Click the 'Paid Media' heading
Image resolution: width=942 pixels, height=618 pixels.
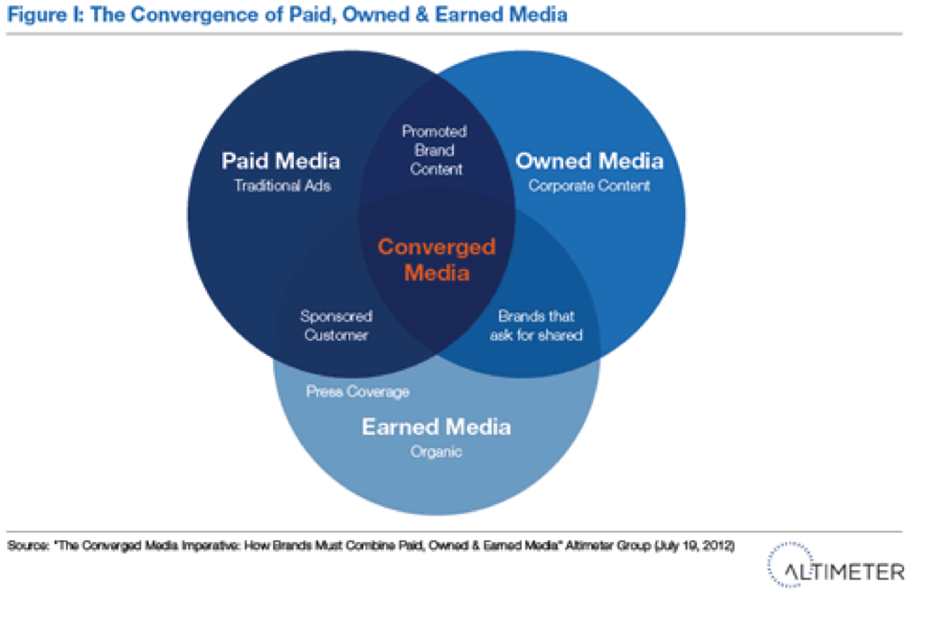[x=280, y=161]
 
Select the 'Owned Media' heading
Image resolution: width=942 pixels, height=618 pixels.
[x=589, y=161]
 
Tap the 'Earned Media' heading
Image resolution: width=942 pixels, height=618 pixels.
[x=436, y=427]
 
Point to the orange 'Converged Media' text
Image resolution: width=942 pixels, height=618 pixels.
[x=437, y=259]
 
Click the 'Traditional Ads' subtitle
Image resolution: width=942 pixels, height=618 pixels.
[x=282, y=185]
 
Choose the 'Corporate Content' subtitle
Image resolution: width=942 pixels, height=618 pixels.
[x=589, y=185]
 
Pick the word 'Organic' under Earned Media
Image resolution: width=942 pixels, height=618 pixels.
[x=436, y=452]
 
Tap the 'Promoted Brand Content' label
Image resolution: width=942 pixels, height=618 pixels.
[x=435, y=150]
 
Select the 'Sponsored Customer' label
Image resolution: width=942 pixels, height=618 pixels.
[x=335, y=325]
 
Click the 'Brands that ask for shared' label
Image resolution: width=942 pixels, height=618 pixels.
[x=536, y=325]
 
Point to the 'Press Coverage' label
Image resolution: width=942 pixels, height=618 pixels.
[x=357, y=391]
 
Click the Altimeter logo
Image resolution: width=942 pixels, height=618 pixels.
[x=835, y=566]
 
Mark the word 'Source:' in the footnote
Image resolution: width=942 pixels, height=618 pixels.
[x=28, y=546]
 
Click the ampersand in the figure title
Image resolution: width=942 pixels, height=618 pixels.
[x=422, y=14]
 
